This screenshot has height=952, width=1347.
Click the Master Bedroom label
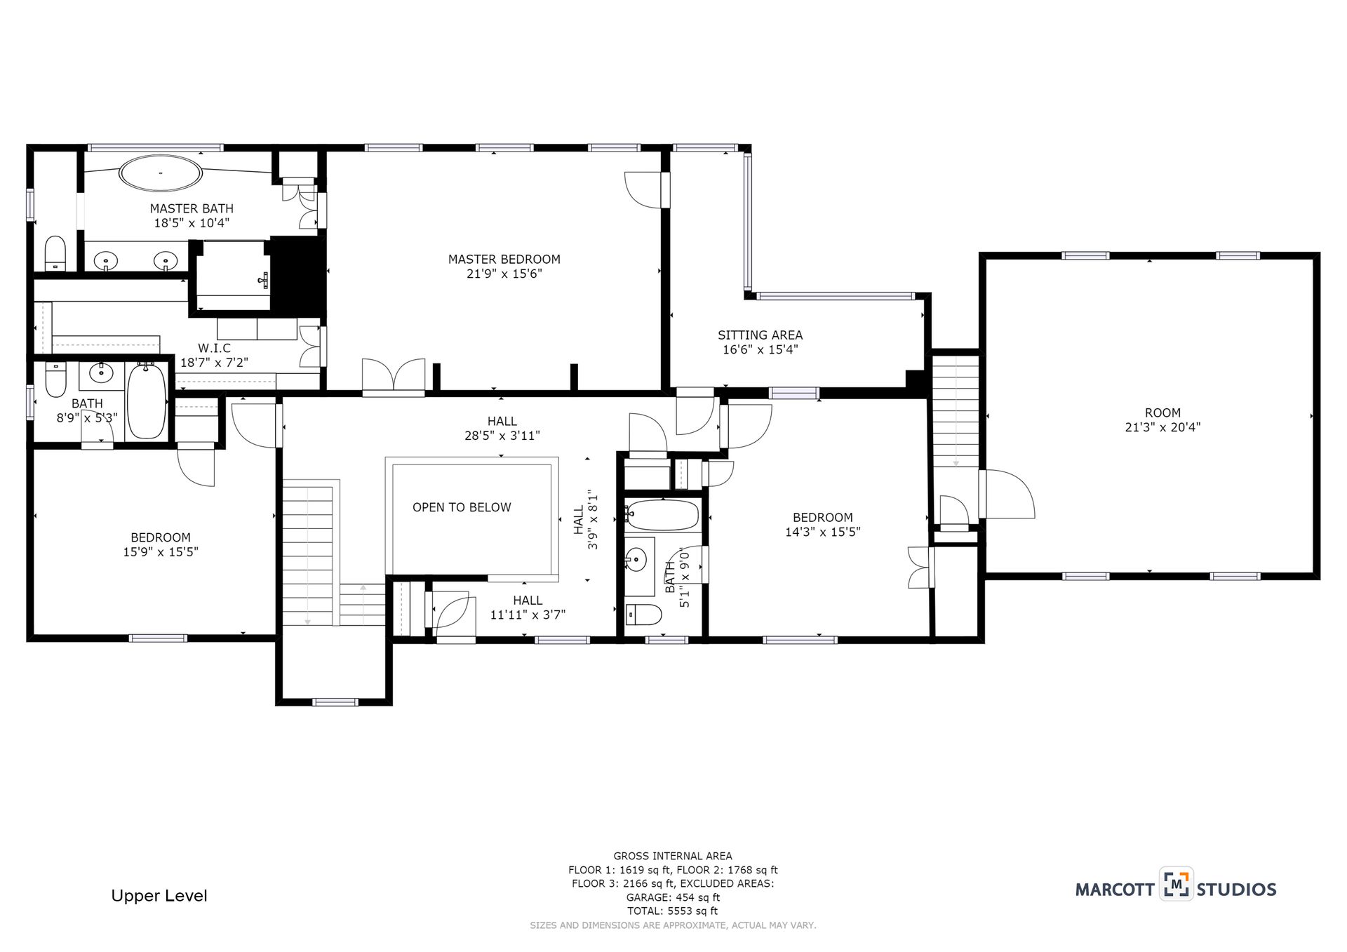click(x=504, y=259)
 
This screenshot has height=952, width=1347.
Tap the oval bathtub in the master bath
click(x=161, y=173)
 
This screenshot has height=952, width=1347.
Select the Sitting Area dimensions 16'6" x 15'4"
click(x=760, y=349)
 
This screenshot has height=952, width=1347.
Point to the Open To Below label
click(x=462, y=507)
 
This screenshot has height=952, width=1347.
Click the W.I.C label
click(x=214, y=348)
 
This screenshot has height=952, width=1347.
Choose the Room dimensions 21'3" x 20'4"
click(x=1162, y=427)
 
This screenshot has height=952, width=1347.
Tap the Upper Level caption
click(x=159, y=896)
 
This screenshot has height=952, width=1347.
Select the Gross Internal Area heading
click(x=673, y=856)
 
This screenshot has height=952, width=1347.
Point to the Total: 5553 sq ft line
click(x=673, y=911)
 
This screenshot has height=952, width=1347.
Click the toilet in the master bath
click(x=55, y=253)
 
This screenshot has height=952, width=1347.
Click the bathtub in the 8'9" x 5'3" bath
click(x=147, y=401)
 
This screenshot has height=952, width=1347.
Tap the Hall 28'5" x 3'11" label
click(x=502, y=428)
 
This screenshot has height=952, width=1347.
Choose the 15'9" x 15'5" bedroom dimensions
click(x=161, y=552)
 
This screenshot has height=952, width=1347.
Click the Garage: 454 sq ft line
click(x=673, y=897)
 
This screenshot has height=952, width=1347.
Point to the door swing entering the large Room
click(x=1007, y=495)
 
